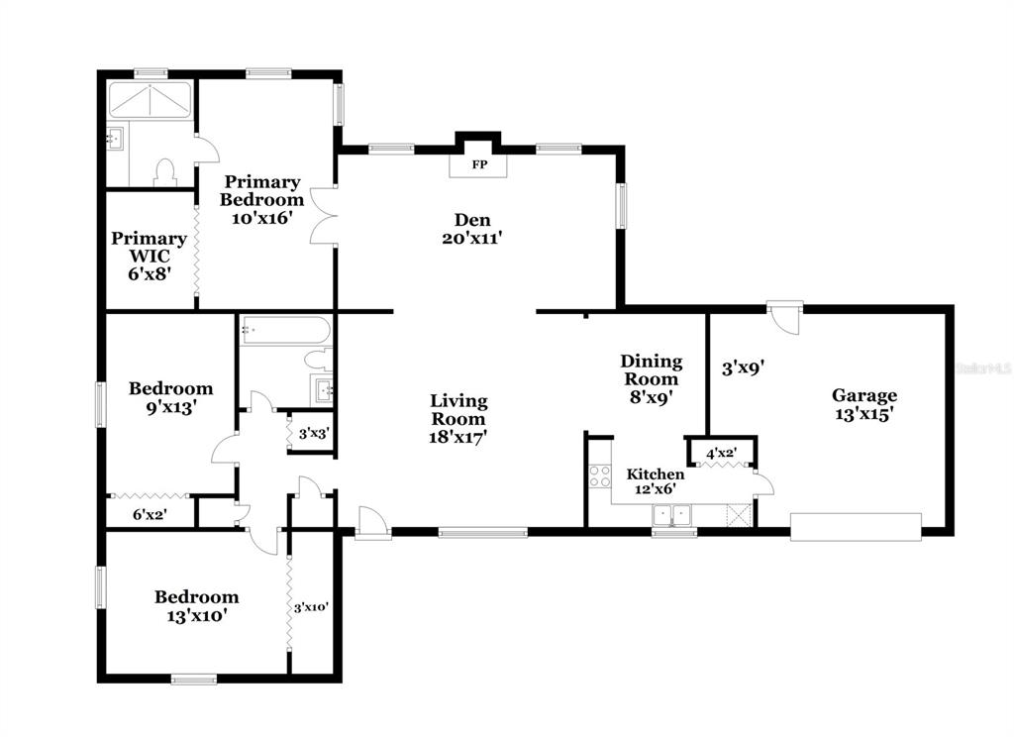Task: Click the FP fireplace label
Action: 479,165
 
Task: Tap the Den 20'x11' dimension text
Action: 472,238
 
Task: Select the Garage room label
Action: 863,395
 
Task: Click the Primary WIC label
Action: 150,248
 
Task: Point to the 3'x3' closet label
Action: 314,434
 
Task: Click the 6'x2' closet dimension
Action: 151,514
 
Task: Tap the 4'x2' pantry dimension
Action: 721,453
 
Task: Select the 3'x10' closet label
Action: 311,607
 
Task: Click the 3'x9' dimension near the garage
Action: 744,368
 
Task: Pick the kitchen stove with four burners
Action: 600,476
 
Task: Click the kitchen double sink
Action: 672,515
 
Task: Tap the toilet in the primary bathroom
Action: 165,172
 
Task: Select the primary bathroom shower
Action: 150,100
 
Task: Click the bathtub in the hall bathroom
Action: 285,330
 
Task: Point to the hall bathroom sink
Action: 322,389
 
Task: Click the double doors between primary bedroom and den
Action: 323,216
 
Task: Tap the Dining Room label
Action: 652,369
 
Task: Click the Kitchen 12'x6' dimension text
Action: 656,489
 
